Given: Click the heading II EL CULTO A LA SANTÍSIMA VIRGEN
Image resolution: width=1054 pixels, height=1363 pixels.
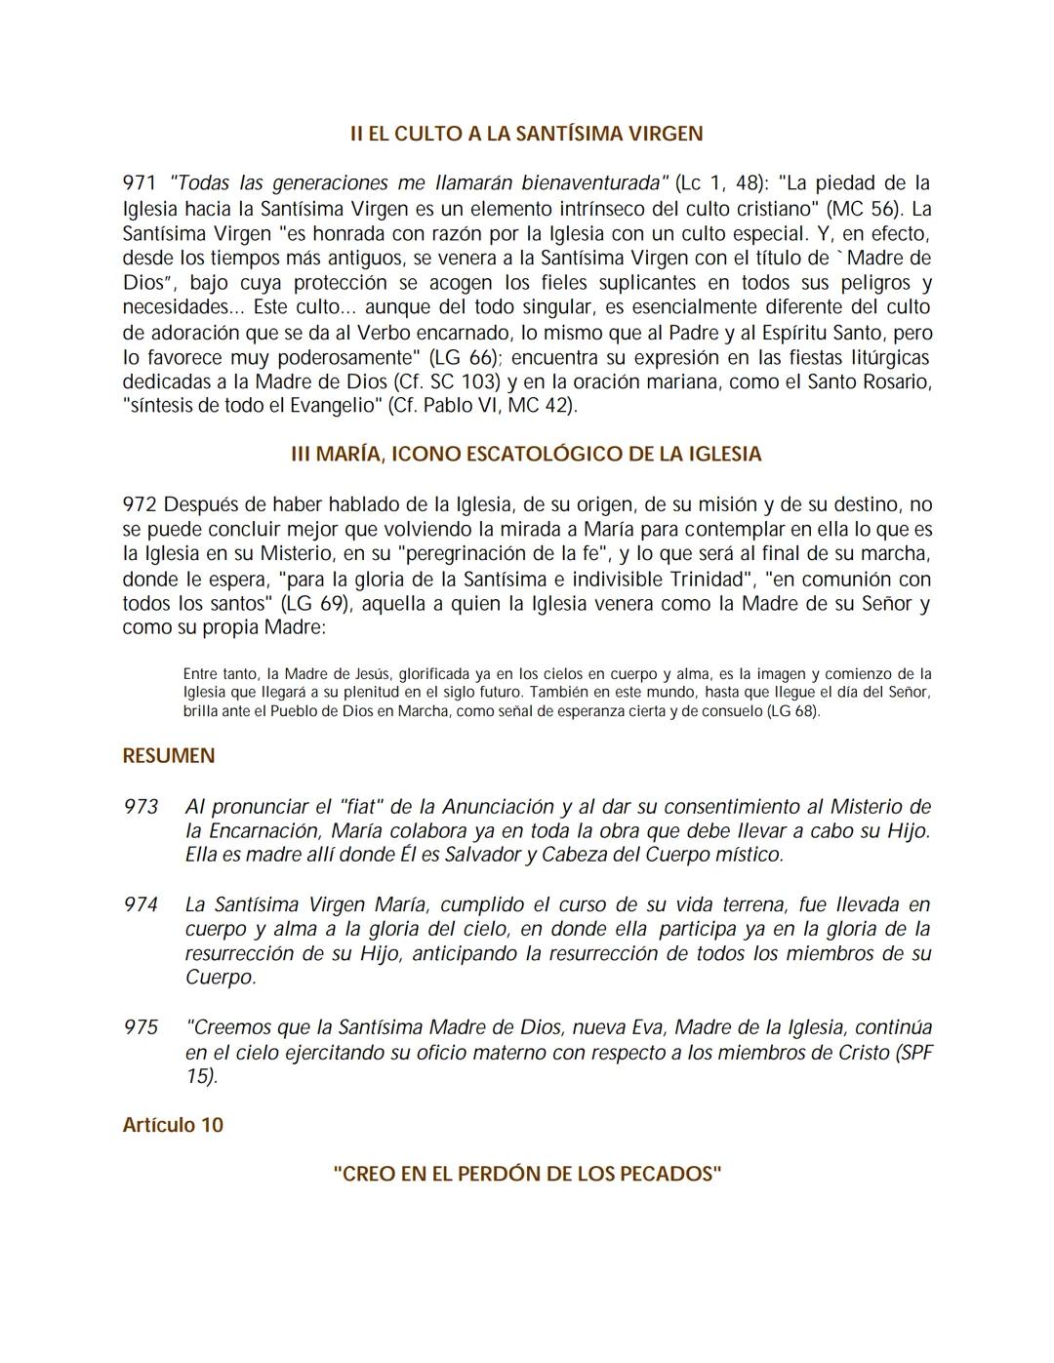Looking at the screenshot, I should tap(527, 134).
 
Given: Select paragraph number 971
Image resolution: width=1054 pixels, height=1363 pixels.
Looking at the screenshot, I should tap(140, 183).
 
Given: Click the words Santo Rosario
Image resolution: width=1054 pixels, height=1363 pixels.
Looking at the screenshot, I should tap(869, 381).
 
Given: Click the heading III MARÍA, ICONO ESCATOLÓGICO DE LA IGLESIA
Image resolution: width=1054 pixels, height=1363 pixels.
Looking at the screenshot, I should tap(527, 455).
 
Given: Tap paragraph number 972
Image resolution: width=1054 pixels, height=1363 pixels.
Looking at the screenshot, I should tap(140, 504).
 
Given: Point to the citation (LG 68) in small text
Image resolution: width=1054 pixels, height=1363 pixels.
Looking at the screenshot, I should tap(792, 711).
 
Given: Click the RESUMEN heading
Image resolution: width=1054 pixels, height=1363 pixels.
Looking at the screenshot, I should tap(168, 756).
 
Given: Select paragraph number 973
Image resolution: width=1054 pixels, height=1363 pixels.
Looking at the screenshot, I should tap(141, 807).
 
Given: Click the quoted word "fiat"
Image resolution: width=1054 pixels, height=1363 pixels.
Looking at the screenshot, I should tap(363, 807).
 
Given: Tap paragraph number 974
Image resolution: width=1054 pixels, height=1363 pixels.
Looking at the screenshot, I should tap(141, 904).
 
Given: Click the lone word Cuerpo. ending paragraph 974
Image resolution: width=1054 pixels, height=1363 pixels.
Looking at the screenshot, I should tap(221, 978).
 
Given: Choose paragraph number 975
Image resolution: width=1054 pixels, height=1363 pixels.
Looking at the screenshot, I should tap(141, 1027).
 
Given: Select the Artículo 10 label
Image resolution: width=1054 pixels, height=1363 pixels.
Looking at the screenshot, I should tap(173, 1125).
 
